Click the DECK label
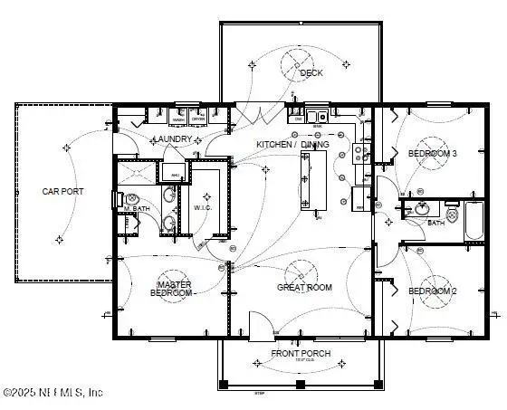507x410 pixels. point(311,73)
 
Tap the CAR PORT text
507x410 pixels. point(63,191)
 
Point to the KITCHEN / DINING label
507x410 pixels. point(292,144)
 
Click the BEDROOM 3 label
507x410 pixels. point(432,153)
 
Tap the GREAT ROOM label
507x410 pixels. point(303,287)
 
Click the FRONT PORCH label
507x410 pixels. point(301,353)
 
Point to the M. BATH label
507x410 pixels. point(137,209)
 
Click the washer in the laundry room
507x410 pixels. point(178,119)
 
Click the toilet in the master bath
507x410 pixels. point(116,200)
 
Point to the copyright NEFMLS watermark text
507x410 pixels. point(54,393)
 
